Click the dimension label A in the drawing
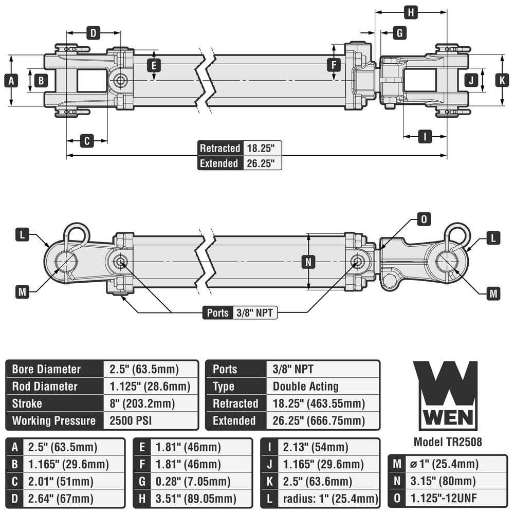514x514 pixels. pos(11,80)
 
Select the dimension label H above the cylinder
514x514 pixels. pos(410,12)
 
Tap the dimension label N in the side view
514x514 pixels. pos(308,262)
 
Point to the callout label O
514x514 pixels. pos(424,219)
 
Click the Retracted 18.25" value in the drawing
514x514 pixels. pos(262,148)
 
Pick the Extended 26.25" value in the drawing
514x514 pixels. pos(262,163)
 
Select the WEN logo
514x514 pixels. pos(445,395)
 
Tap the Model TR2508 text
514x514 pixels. pos(448,442)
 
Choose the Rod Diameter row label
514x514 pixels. pos(45,387)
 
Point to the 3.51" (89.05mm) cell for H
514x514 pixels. pos(196,499)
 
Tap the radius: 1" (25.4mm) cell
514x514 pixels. pos(331,499)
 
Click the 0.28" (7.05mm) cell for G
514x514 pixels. pos(193,482)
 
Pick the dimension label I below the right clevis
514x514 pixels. pos(425,136)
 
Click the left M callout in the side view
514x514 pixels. pos(22,292)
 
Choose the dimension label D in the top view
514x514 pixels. pos(93,33)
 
